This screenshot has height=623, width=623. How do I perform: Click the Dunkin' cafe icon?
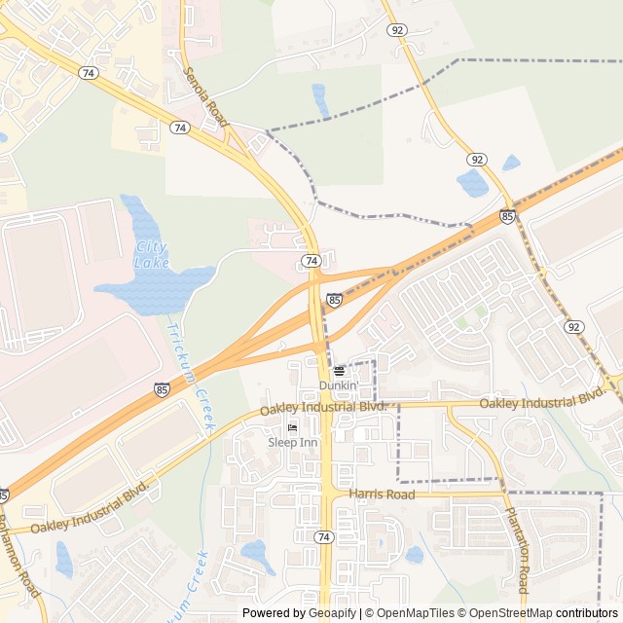340,371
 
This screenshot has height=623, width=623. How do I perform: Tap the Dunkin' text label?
338,385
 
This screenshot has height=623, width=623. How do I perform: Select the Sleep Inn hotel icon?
291,428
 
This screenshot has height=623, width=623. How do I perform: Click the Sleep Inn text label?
293,443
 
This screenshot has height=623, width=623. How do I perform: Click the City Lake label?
152,254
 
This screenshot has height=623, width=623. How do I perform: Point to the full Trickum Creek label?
191,376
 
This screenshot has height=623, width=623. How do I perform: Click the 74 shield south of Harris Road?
323,537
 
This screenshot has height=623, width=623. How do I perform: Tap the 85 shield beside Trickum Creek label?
162,389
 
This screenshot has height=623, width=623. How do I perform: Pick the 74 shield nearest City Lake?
311,261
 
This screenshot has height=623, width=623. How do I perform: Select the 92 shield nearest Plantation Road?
574,327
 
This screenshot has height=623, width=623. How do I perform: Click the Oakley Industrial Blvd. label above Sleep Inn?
324,409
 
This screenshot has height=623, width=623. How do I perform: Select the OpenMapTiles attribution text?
410,613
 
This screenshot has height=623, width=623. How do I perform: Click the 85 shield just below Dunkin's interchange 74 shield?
335,301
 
